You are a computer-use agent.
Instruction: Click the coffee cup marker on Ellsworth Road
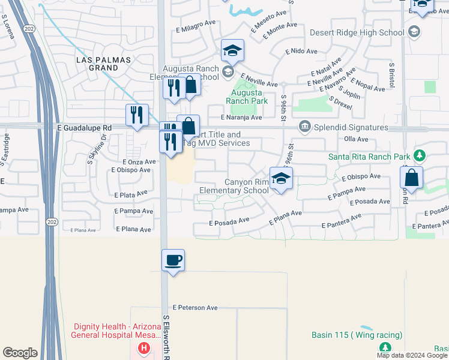(173, 260)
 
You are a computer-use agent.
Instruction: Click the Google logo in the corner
(20, 353)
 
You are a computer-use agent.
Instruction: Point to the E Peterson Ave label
(195, 307)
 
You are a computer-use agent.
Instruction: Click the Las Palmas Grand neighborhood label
(97, 64)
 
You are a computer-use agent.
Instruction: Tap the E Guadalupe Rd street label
(85, 128)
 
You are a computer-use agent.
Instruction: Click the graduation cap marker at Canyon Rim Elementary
(280, 179)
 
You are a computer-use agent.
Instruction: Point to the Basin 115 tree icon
(385, 347)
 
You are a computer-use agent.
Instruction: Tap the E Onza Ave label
(139, 162)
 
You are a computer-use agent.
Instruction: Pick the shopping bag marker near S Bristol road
(412, 178)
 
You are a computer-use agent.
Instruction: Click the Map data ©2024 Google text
(412, 355)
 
